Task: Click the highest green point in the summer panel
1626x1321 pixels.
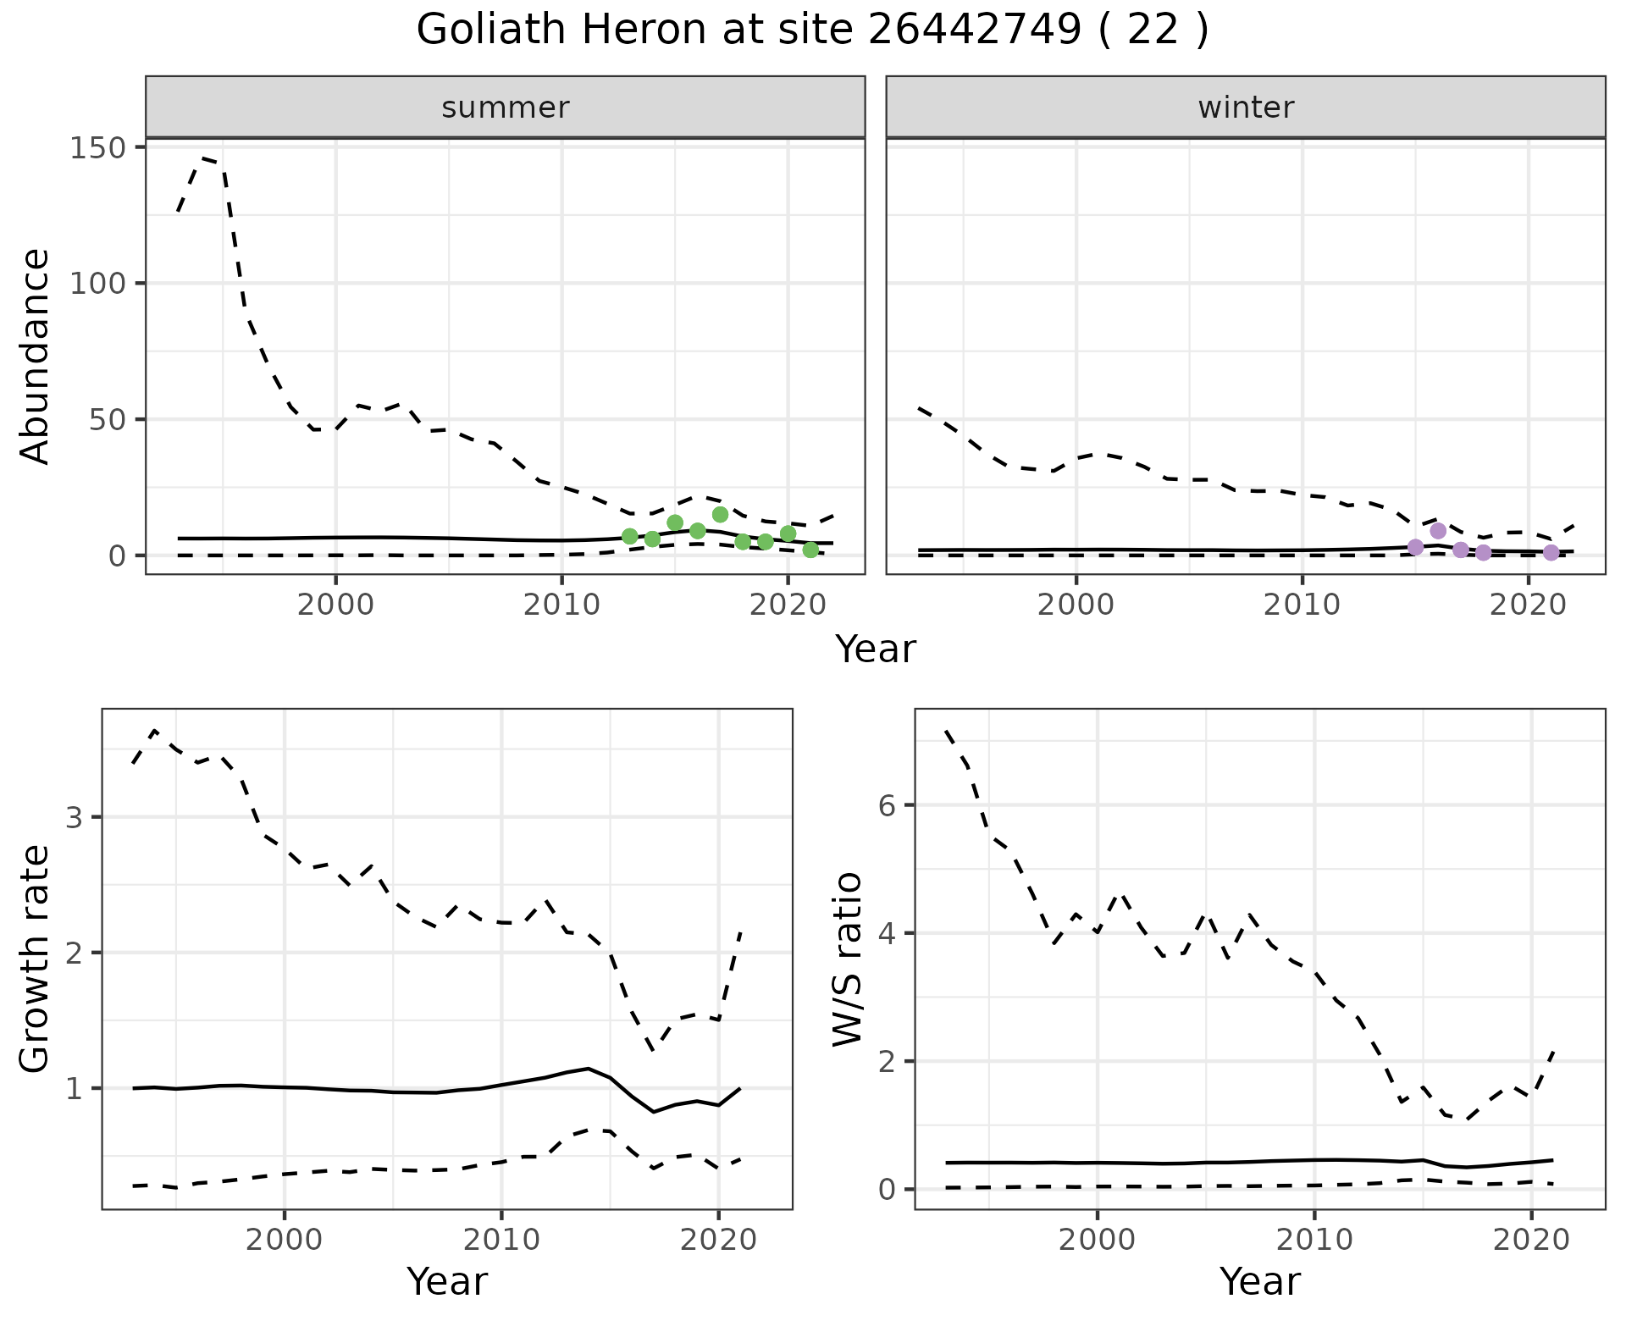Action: coord(720,514)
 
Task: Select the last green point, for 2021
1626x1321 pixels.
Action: coord(810,550)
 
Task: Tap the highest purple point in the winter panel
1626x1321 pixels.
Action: coord(1438,531)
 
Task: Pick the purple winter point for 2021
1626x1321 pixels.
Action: coord(1551,553)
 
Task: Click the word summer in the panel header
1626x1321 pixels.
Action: coord(506,108)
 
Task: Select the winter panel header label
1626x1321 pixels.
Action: coord(1246,108)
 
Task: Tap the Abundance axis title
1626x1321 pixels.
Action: coord(36,356)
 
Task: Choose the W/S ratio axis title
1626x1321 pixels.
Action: coord(848,959)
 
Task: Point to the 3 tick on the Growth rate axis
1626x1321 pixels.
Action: coord(75,817)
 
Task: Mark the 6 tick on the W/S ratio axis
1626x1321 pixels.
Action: coord(888,804)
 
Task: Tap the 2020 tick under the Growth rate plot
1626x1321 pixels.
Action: coord(718,1240)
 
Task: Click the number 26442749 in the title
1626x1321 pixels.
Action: coord(974,30)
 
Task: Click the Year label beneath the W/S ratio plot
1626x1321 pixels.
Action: coord(1259,1281)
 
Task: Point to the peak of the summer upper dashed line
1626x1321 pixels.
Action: coord(203,158)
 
